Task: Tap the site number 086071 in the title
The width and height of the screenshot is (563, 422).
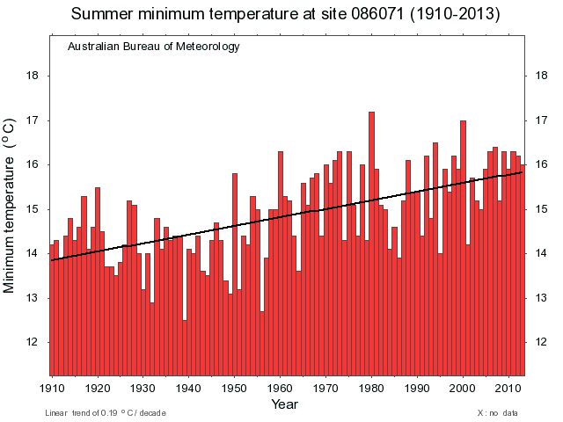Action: click(361, 15)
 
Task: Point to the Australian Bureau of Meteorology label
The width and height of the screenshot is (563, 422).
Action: click(153, 47)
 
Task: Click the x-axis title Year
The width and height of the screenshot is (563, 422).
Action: click(284, 404)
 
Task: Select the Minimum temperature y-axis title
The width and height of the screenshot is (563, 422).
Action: click(11, 207)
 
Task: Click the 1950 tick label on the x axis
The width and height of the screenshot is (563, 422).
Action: click(234, 388)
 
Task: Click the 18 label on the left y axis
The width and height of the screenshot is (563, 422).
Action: click(33, 76)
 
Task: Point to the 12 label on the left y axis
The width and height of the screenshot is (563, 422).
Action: click(33, 342)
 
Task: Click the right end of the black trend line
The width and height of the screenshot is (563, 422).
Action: click(523, 172)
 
